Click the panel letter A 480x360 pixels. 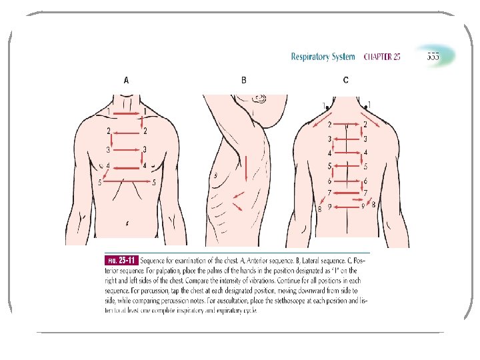pyautogui.click(x=127, y=81)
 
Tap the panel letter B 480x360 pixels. pyautogui.click(x=243, y=81)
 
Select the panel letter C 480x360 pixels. pyautogui.click(x=345, y=81)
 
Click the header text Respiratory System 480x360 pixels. pyautogui.click(x=323, y=57)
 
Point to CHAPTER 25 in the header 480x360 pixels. pyautogui.click(x=382, y=57)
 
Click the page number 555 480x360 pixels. pyautogui.click(x=433, y=57)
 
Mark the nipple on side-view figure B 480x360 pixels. pyautogui.click(x=217, y=175)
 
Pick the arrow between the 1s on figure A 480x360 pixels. pyautogui.click(x=127, y=114)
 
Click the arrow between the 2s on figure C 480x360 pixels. pyautogui.click(x=347, y=124)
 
